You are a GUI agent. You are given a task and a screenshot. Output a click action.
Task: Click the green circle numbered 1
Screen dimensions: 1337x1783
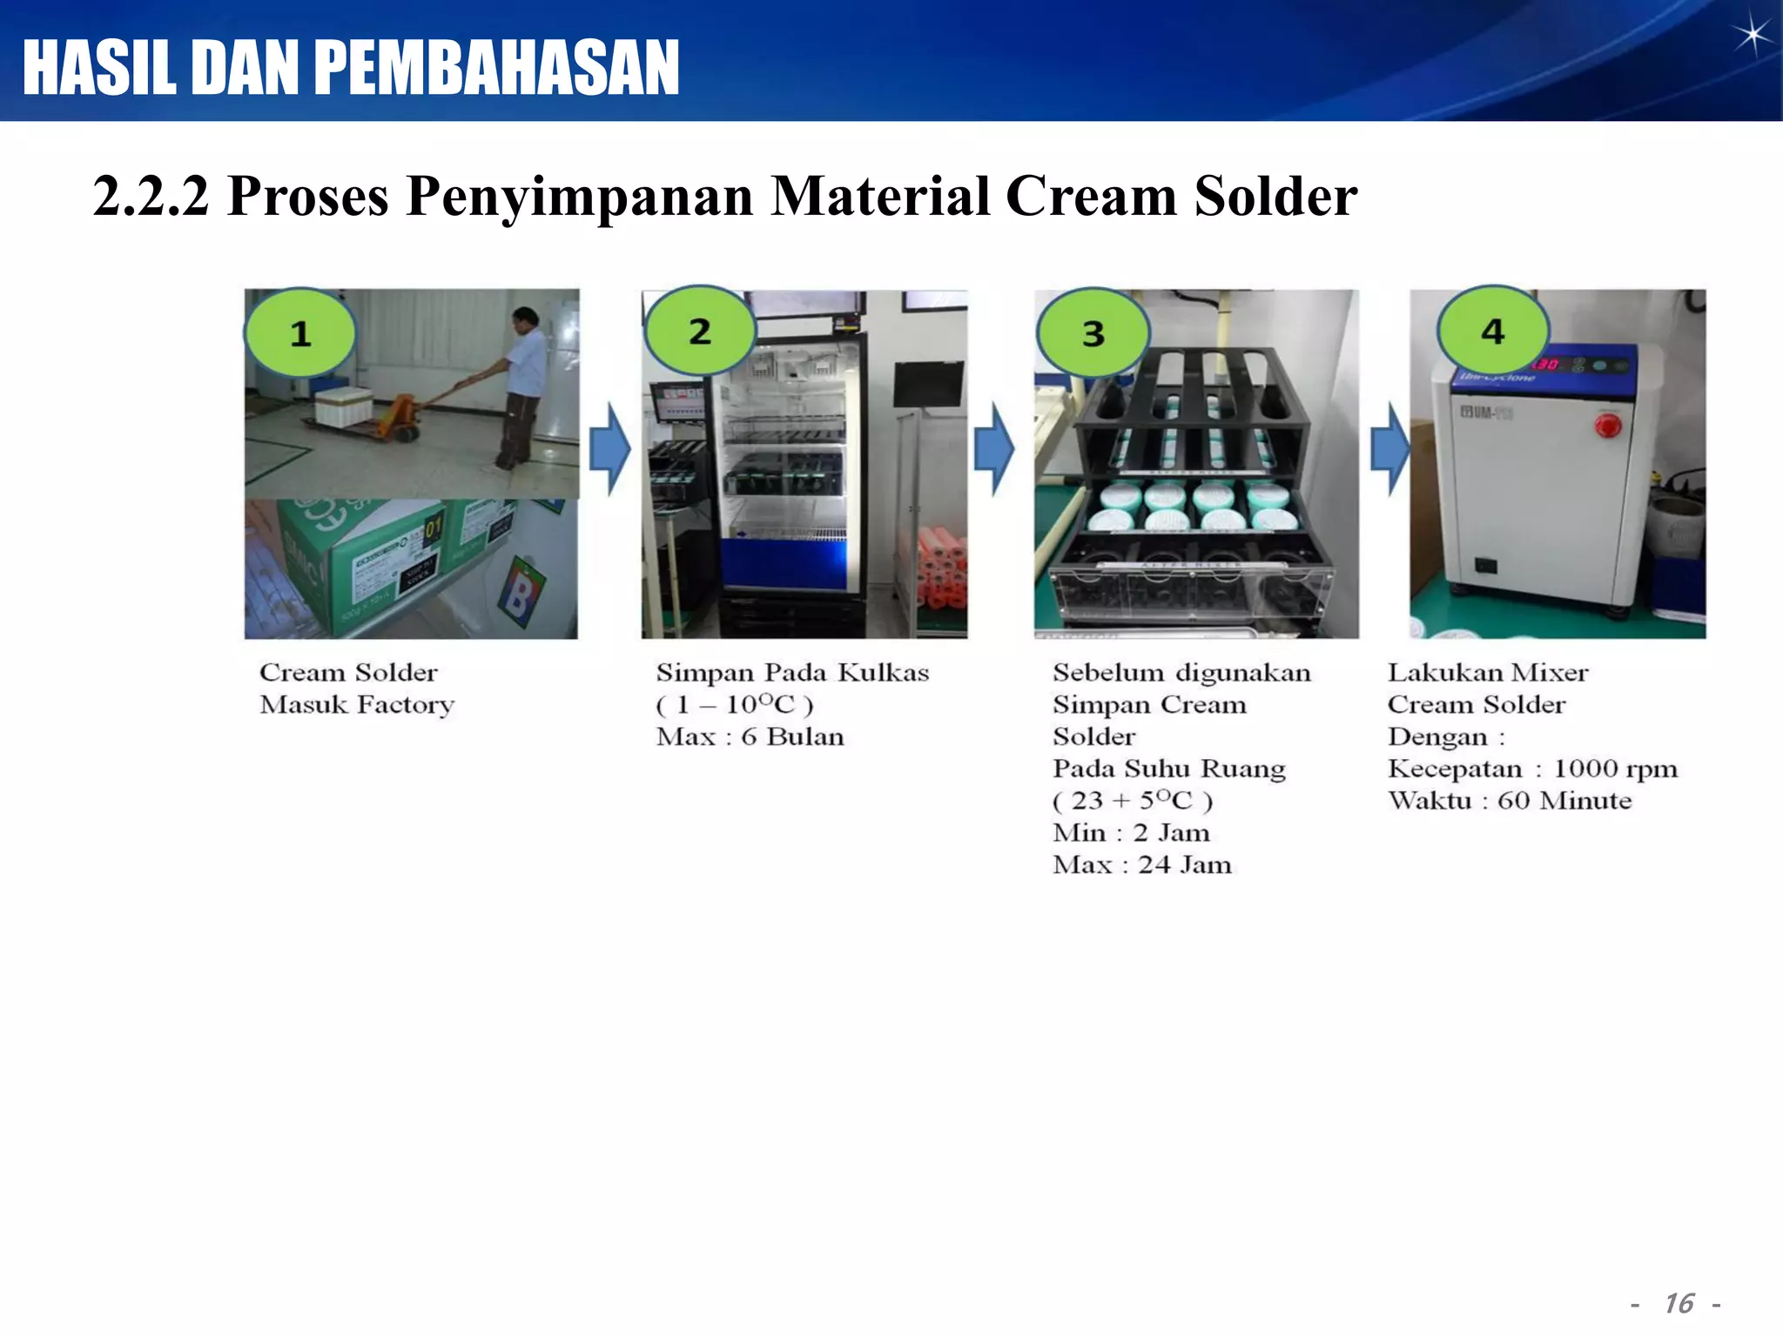pyautogui.click(x=300, y=333)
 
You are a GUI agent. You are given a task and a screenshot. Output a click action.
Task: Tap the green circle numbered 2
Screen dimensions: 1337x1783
pyautogui.click(x=700, y=332)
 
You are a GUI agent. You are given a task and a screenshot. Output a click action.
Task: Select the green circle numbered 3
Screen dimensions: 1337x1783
pyautogui.click(x=1093, y=333)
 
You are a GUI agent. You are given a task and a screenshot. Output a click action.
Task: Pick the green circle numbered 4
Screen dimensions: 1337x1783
pyautogui.click(x=1493, y=331)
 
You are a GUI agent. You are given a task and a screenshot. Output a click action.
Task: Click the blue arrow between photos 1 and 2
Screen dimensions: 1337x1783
pyautogui.click(x=609, y=449)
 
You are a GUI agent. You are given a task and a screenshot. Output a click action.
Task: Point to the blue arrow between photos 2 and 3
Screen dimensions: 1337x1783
pyautogui.click(x=993, y=449)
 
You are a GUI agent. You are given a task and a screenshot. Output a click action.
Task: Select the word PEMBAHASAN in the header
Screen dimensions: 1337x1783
pyautogui.click(x=496, y=68)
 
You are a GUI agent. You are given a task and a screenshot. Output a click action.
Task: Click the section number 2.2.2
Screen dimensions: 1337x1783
pyautogui.click(x=151, y=197)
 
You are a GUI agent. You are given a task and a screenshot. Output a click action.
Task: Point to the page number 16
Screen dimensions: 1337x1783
pyautogui.click(x=1678, y=1303)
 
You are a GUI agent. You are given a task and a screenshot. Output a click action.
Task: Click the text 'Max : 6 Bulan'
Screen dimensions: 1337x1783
pyautogui.click(x=750, y=737)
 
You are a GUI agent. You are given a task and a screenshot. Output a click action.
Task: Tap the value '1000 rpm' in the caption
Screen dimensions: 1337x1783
pyautogui.click(x=1615, y=769)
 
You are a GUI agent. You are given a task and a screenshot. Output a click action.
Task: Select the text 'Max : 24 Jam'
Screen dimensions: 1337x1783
pyautogui.click(x=1142, y=865)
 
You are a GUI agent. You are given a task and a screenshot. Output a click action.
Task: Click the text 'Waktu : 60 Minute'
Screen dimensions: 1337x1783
pyautogui.click(x=1510, y=801)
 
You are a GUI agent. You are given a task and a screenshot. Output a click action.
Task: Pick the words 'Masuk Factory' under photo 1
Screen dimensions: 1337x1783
pyautogui.click(x=357, y=705)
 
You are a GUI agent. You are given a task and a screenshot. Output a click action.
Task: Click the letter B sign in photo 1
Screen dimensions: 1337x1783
pyautogui.click(x=519, y=595)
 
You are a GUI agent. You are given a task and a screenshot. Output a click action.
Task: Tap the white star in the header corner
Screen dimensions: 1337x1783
pyautogui.click(x=1751, y=36)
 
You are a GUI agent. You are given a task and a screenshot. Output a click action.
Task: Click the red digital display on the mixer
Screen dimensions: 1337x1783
pyautogui.click(x=1546, y=363)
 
